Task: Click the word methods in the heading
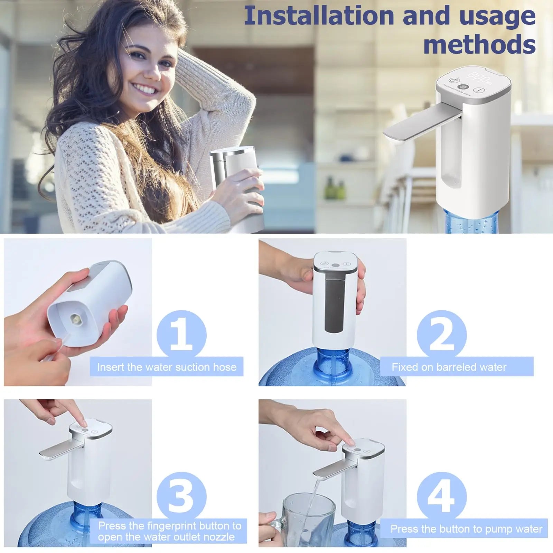point(479,44)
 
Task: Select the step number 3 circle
point(181,496)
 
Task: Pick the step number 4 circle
point(441,496)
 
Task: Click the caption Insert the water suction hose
point(167,367)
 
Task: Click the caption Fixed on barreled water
point(449,367)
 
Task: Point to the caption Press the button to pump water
point(466,529)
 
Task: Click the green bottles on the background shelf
point(335,190)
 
